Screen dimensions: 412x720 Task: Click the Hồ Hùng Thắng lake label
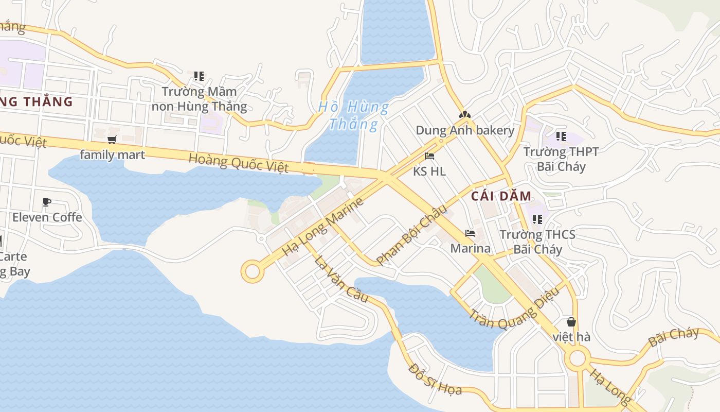354,115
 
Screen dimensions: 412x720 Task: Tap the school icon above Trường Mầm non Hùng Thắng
199,76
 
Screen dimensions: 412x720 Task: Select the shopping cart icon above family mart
112,140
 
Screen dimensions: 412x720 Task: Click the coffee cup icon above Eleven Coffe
47,202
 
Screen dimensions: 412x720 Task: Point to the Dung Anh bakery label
465,130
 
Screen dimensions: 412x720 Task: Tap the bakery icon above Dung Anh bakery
465,115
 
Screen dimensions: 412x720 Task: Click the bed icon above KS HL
429,156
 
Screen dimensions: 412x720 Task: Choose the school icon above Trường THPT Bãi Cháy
561,136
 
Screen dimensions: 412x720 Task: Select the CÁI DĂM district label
501,196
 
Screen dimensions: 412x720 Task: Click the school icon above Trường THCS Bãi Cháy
537,219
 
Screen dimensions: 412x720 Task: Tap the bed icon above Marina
470,233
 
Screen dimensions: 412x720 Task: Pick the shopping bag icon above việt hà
571,322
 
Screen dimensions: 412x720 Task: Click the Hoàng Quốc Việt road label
238,163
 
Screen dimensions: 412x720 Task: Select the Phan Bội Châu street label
412,234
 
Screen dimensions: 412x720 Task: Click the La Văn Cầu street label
341,279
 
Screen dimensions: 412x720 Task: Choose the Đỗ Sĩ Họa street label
435,379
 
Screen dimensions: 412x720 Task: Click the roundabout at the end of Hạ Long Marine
253,271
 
